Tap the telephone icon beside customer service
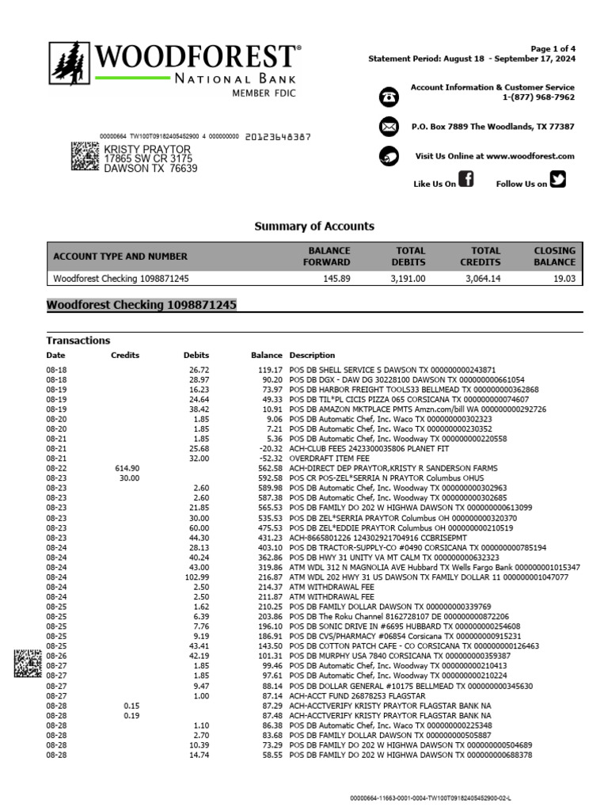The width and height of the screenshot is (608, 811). click(x=389, y=97)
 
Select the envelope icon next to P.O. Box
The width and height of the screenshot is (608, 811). click(x=389, y=127)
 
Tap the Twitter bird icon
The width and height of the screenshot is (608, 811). click(x=558, y=180)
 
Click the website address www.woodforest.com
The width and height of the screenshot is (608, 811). click(x=530, y=157)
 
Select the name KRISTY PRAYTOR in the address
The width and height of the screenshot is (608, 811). click(x=147, y=149)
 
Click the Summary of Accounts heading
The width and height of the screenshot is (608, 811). click(x=314, y=227)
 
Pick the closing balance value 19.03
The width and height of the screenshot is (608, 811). click(x=564, y=279)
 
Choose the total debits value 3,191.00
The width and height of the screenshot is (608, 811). click(x=408, y=279)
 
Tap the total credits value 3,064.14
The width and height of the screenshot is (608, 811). click(x=482, y=279)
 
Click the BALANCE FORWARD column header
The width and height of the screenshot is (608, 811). click(x=329, y=256)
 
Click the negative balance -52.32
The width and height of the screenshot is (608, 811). click(x=270, y=459)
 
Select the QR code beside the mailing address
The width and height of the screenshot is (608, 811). click(x=85, y=157)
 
